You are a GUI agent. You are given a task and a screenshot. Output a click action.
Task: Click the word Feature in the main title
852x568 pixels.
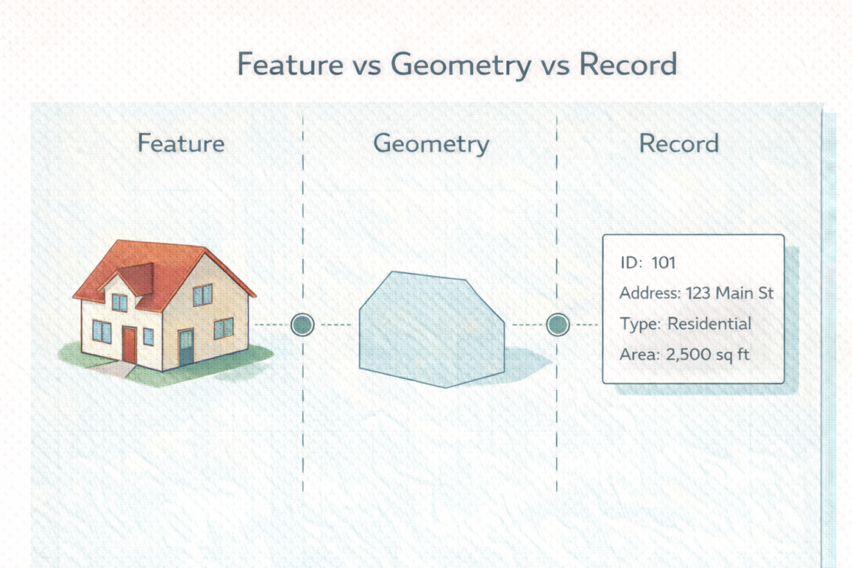pos(291,64)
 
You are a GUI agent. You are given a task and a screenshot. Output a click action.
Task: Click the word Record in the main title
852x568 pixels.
pos(628,64)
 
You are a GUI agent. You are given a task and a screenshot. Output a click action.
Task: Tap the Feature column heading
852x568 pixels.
pos(181,143)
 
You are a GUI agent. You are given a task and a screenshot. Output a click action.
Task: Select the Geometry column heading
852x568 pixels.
pos(432,144)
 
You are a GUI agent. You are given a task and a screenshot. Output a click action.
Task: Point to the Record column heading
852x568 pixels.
pos(679,143)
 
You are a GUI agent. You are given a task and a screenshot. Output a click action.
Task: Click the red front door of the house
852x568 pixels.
pos(130,345)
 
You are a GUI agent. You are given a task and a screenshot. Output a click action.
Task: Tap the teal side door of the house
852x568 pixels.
pos(186,347)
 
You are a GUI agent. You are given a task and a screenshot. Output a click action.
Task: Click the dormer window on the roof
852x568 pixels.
pos(119,303)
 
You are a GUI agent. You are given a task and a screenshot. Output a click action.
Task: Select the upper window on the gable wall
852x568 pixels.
pos(202,294)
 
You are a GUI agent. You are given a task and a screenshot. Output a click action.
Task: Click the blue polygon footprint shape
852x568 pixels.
pos(432,330)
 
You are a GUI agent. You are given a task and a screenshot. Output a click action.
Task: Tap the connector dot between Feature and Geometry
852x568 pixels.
pos(303,325)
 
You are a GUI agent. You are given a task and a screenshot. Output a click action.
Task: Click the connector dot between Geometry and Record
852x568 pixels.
pos(558,325)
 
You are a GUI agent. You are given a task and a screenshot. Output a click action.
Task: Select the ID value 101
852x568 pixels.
pos(664,263)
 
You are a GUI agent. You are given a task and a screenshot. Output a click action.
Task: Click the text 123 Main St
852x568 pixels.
pos(729,293)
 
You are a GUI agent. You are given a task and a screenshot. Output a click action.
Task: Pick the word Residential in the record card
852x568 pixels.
pos(709,323)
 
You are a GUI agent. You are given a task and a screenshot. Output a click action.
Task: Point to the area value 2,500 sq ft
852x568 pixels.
pos(707,355)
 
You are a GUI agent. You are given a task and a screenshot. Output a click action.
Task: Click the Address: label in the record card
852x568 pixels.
pos(650,293)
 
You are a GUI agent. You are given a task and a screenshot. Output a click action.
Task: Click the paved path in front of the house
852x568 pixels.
pos(114,369)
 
